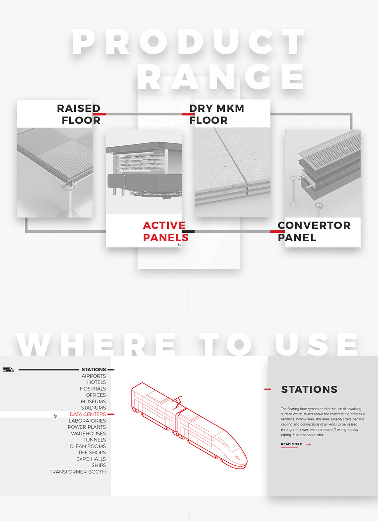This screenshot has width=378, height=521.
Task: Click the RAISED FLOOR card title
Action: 79,114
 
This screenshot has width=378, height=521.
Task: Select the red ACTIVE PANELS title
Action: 166,231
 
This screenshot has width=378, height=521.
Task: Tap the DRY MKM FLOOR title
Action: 217,114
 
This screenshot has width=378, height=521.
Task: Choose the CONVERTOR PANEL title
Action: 314,231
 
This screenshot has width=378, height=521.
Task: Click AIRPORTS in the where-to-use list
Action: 94,376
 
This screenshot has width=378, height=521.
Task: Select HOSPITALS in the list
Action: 93,389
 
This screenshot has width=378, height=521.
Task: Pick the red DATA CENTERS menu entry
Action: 88,414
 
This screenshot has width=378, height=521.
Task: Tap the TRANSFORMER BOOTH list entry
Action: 78,472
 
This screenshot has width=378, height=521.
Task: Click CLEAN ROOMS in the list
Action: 88,446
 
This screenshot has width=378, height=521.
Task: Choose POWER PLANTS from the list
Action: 87,427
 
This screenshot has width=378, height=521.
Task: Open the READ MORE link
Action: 291,444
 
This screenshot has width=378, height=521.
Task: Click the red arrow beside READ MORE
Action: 308,444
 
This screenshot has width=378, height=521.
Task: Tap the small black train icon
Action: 8,369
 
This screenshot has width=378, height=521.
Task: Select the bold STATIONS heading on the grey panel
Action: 309,389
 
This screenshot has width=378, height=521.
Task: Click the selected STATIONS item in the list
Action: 94,369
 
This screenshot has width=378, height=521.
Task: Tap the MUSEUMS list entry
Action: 93,402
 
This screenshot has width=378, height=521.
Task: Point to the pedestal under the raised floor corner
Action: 70,200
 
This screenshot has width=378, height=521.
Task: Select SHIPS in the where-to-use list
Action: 99,465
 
